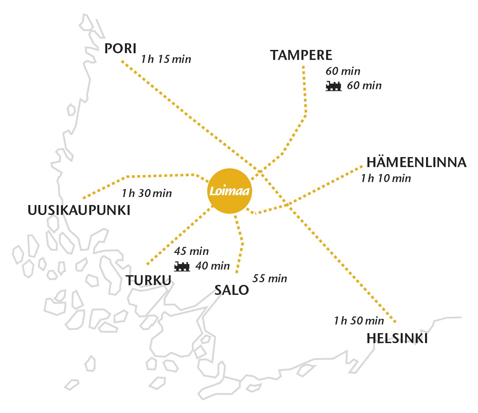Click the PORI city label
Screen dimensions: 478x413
(120, 49)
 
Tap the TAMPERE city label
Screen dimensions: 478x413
(301, 55)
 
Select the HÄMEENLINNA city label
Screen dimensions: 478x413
(416, 162)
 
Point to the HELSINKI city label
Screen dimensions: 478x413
(397, 338)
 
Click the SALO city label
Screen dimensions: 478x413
(231, 290)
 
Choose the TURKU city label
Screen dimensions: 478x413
(149, 281)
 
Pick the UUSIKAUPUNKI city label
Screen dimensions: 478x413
(79, 210)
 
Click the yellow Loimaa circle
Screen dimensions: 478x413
(229, 191)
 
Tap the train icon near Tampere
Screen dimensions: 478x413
(333, 86)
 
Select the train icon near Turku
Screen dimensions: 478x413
(182, 266)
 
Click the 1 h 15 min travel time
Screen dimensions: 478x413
(166, 59)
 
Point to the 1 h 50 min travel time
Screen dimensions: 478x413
(359, 321)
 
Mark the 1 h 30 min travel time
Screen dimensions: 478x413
(147, 193)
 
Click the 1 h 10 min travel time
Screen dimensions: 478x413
(386, 178)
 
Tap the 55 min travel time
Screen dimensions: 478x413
(269, 278)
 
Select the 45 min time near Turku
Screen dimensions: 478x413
(191, 251)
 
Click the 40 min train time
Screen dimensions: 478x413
(213, 266)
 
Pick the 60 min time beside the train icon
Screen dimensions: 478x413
(364, 86)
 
